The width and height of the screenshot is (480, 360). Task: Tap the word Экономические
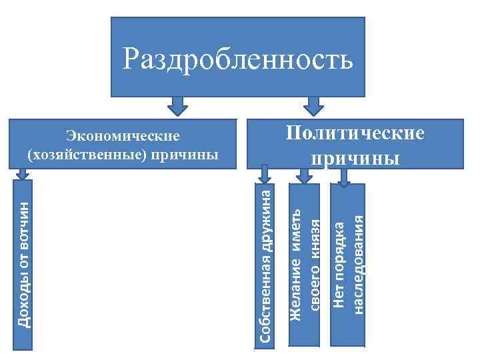tap(123, 136)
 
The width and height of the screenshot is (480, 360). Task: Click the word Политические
tap(355, 132)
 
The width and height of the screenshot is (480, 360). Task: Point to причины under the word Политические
tap(355, 159)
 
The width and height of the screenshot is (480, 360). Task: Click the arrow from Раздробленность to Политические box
tap(313, 106)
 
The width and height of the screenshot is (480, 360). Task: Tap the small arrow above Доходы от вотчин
tap(23, 173)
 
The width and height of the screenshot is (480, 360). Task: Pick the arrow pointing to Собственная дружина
tap(264, 175)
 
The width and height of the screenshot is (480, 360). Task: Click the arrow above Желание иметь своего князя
tap(304, 175)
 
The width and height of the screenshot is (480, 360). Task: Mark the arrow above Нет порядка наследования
tap(344, 175)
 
